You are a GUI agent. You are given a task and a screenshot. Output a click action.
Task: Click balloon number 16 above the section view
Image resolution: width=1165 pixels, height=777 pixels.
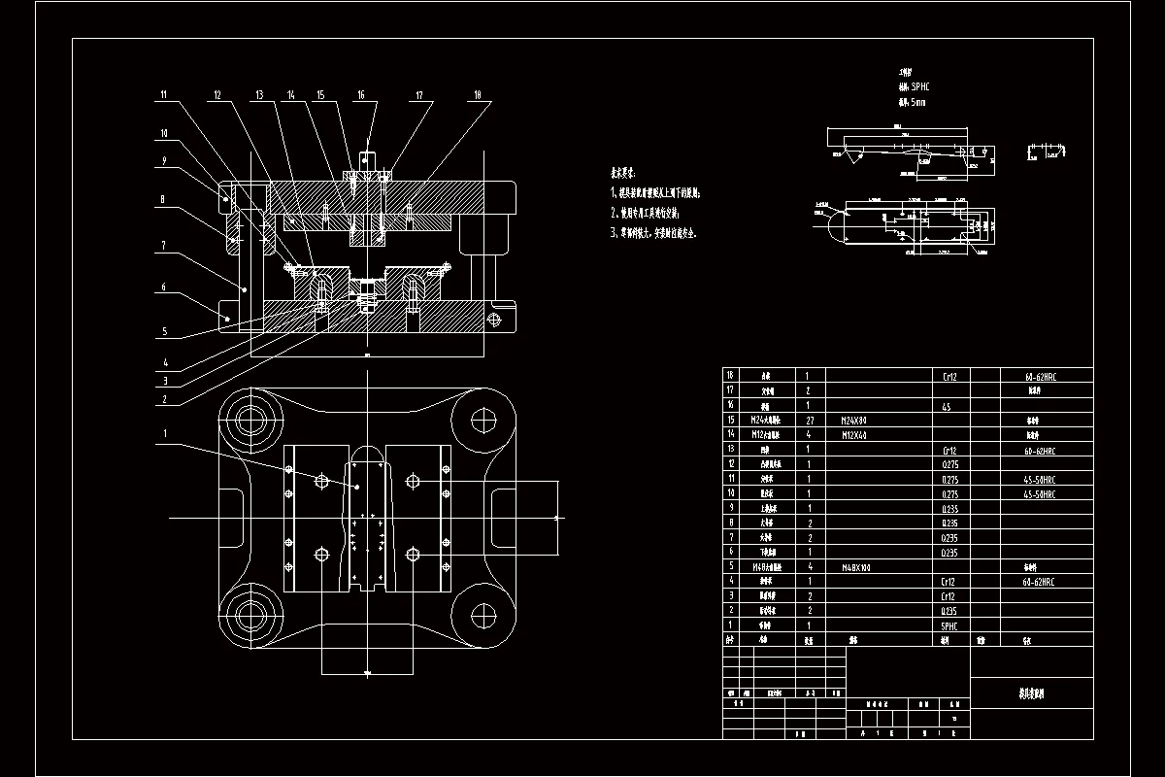pyautogui.click(x=361, y=95)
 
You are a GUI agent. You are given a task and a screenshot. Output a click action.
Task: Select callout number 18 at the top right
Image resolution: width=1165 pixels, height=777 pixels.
pyautogui.click(x=478, y=95)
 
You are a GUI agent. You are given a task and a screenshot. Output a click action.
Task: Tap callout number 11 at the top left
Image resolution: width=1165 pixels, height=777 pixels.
pyautogui.click(x=164, y=94)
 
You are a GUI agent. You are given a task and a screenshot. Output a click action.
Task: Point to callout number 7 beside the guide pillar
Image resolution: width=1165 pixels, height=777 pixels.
pyautogui.click(x=164, y=246)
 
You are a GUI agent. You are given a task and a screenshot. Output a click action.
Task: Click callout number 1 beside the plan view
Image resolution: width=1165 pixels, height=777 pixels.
pyautogui.click(x=166, y=433)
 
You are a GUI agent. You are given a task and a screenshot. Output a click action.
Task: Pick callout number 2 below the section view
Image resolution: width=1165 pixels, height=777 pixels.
pyautogui.click(x=164, y=398)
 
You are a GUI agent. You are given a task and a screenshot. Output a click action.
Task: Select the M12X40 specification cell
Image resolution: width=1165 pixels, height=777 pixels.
pyautogui.click(x=854, y=436)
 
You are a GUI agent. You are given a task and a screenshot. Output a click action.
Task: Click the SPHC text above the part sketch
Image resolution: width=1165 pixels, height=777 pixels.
pyautogui.click(x=919, y=86)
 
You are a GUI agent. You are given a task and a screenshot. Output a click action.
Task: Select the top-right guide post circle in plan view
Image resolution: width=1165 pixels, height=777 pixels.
pyautogui.click(x=483, y=420)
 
